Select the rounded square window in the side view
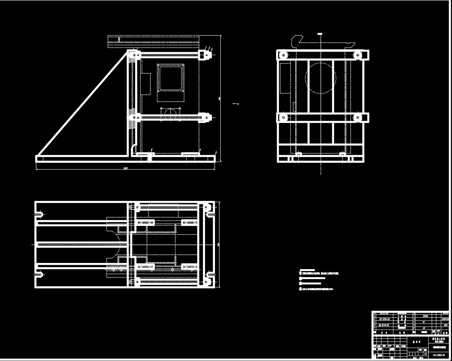170,78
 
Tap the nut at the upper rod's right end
206,55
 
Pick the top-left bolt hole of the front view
283,55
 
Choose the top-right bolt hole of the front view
357,55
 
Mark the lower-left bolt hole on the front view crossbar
283,117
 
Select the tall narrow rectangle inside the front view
285,78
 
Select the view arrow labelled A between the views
235,103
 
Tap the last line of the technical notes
316,289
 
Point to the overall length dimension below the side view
125,168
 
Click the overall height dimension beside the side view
220,98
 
